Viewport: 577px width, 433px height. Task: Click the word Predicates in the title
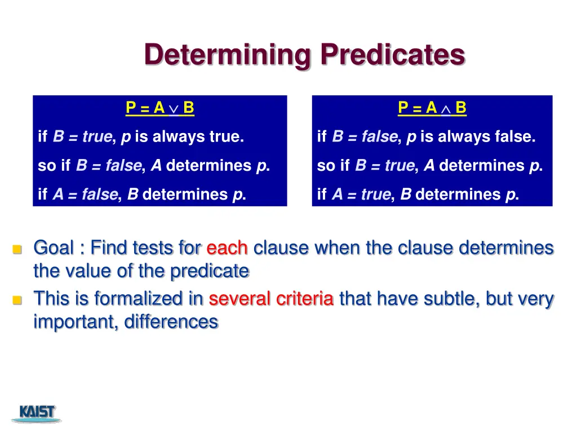pyautogui.click(x=393, y=55)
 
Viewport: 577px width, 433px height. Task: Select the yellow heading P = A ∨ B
pyautogui.click(x=160, y=108)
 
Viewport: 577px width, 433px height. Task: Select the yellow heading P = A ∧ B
pyautogui.click(x=432, y=108)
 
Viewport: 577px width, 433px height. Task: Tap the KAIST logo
pyautogui.click(x=37, y=413)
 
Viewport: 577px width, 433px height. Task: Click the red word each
pyautogui.click(x=227, y=248)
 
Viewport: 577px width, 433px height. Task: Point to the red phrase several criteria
pyautogui.click(x=271, y=299)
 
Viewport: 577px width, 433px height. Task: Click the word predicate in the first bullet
pyautogui.click(x=210, y=271)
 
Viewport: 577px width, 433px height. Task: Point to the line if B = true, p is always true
pyautogui.click(x=141, y=136)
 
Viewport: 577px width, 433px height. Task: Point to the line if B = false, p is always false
pyautogui.click(x=426, y=136)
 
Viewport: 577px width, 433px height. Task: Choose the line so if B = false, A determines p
pyautogui.click(x=154, y=166)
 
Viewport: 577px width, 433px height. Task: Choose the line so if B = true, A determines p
pyautogui.click(x=430, y=166)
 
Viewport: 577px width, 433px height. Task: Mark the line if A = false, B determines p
pyautogui.click(x=142, y=195)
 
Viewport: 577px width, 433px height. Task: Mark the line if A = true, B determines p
pyautogui.click(x=418, y=195)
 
